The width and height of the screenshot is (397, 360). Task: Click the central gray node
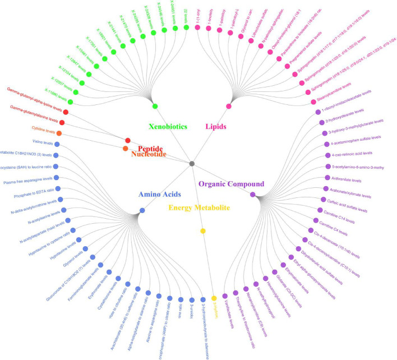coord(192,163)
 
